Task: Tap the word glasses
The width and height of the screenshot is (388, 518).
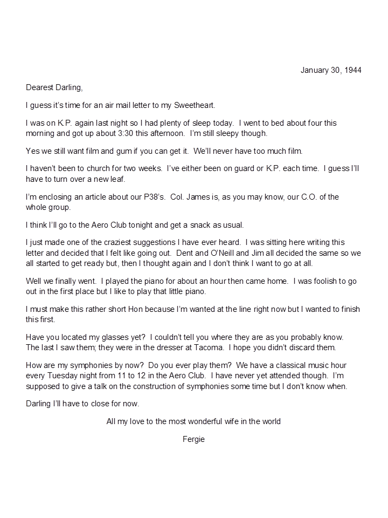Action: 122,337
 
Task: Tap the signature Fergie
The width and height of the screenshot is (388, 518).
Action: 193,439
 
